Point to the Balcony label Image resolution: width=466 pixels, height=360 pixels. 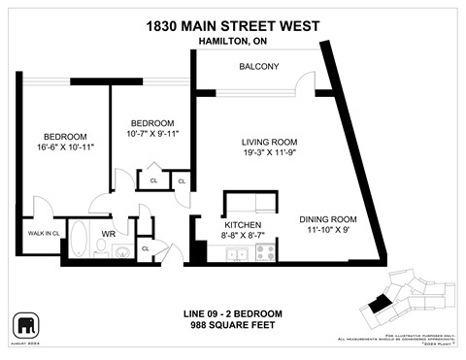pos(259,66)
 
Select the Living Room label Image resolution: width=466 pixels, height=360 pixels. pos(268,143)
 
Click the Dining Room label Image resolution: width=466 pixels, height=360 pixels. pos(316,218)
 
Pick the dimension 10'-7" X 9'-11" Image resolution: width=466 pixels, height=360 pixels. pos(152,134)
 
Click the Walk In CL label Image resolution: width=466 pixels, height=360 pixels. pos(43,233)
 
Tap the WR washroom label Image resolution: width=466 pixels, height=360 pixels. pos(110,234)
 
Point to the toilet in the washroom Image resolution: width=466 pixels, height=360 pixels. pos(121,251)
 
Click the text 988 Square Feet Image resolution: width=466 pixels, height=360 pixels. pos(233,324)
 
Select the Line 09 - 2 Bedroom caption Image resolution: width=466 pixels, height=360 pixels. pos(233,312)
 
